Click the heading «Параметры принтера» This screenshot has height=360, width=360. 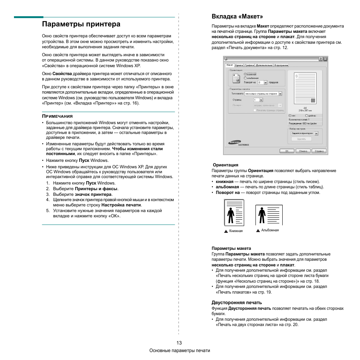tap(81, 24)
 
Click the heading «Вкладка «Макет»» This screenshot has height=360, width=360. tap(237, 17)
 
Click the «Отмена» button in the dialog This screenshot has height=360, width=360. tap(302, 151)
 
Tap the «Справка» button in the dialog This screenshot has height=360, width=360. tap(319, 151)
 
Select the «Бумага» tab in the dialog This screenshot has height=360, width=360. tap(239, 65)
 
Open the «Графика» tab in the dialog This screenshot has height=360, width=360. tap(249, 65)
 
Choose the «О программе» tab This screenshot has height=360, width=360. tap(281, 65)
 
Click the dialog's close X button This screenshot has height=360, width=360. tap(325, 59)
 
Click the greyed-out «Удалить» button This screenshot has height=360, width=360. tap(301, 139)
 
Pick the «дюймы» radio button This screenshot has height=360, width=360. tap(306, 115)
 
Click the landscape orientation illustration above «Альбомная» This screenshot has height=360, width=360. tap(269, 215)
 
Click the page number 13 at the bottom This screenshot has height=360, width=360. tap(179, 343)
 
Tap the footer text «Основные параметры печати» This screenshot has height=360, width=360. tap(180, 351)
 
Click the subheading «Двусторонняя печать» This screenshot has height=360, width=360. tap(236, 303)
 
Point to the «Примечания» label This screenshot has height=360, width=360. tap(57, 116)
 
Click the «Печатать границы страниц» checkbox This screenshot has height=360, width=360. tap(255, 110)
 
